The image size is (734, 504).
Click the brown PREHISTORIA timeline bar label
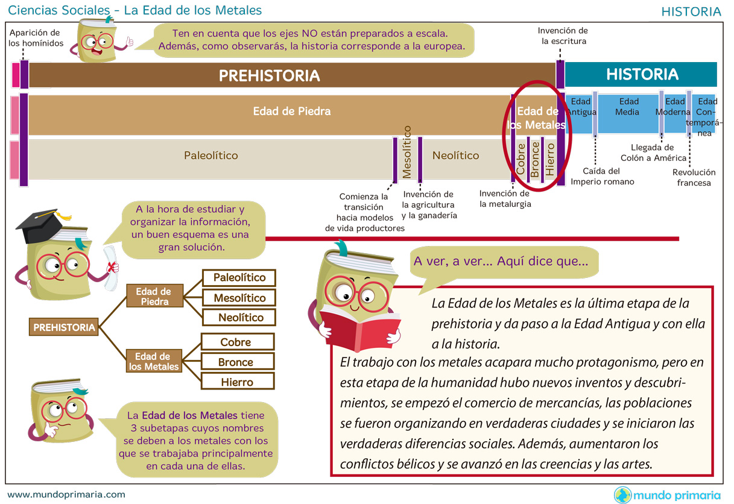[269, 75]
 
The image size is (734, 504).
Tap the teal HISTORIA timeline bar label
[642, 74]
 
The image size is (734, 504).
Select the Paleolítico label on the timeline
[210, 156]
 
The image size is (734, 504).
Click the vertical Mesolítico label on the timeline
[407, 152]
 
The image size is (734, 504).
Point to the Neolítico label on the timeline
[455, 156]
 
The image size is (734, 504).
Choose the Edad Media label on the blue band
[628, 107]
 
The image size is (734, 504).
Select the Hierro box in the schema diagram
[237, 382]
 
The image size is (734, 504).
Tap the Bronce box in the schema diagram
[237, 362]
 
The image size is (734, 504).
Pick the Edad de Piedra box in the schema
[153, 297]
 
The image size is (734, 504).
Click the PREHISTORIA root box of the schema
[64, 327]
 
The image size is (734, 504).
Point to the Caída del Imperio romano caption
[602, 176]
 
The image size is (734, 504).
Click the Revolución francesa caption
[694, 177]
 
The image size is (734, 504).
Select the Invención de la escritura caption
[563, 36]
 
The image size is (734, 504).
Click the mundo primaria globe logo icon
[622, 495]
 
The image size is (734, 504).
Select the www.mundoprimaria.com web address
[66, 494]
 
